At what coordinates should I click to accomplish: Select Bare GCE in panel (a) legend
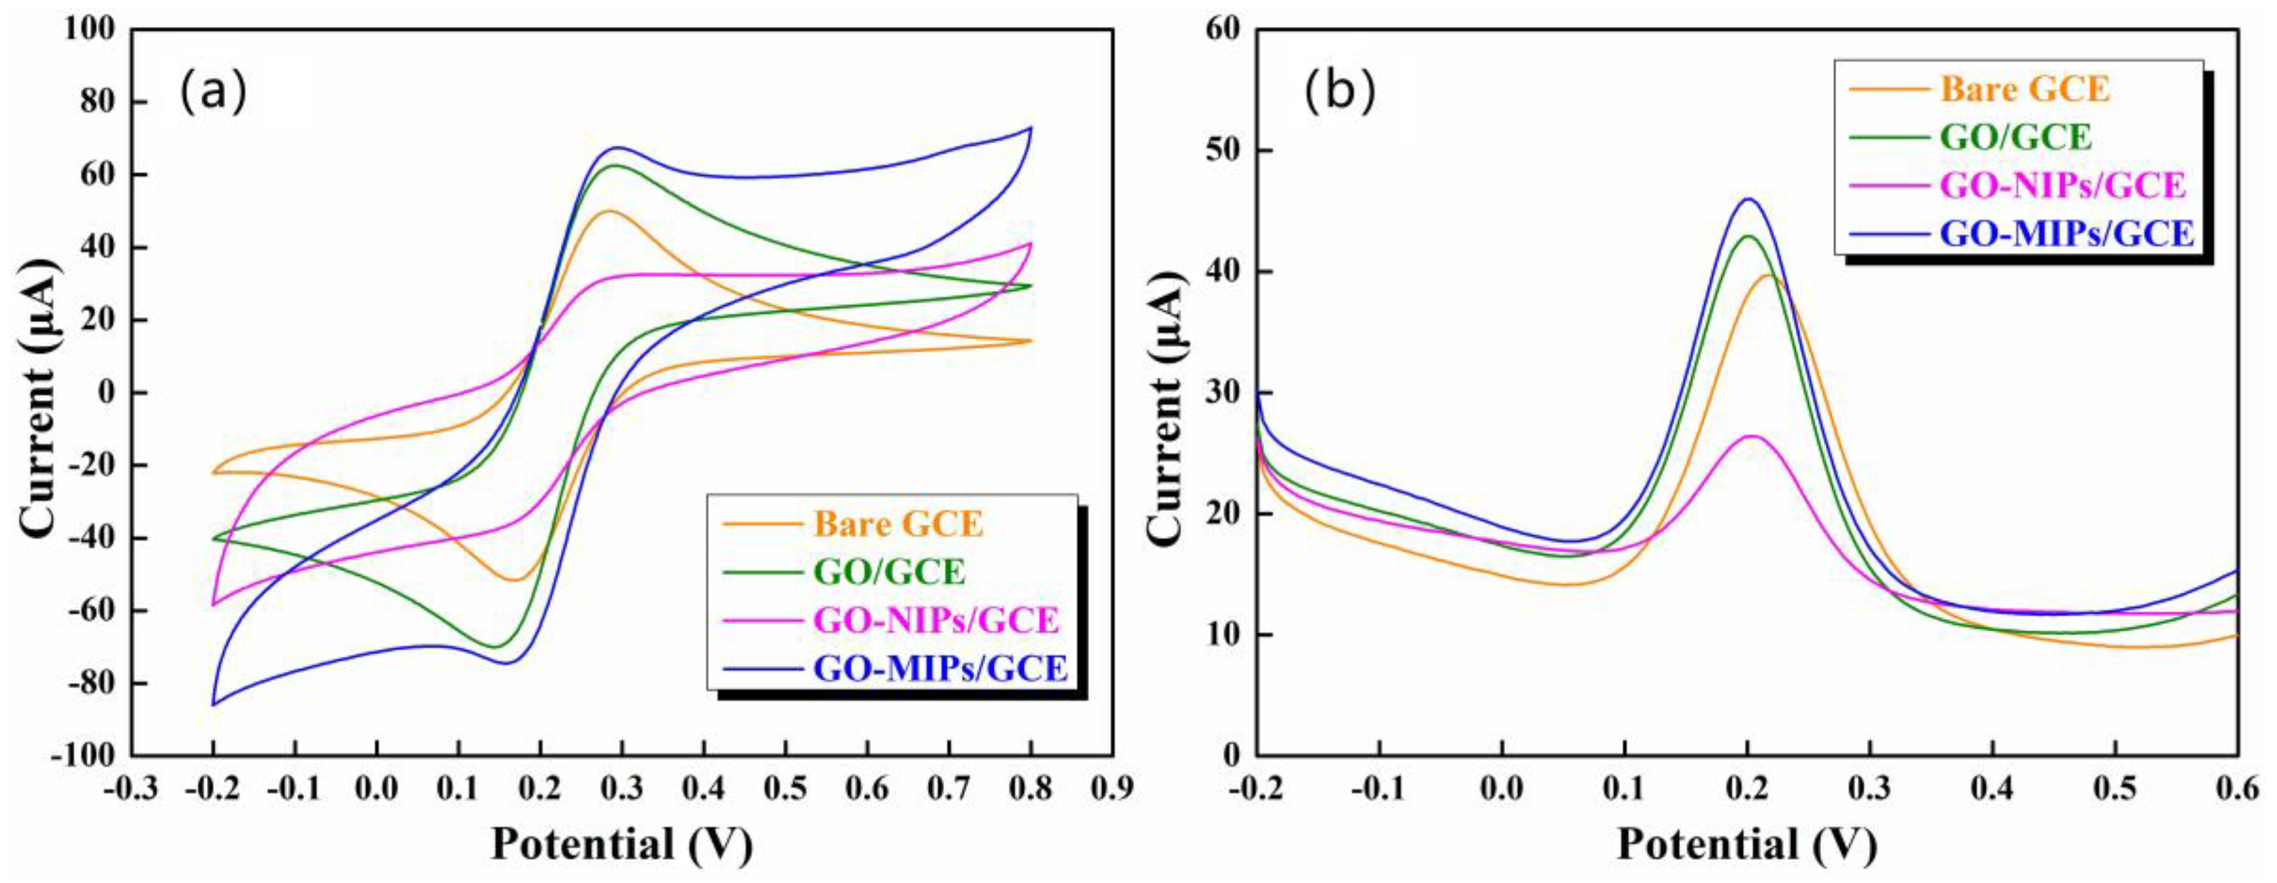[897, 524]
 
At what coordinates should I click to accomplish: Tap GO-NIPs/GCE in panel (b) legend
[2062, 186]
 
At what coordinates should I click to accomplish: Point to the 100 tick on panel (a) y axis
[89, 29]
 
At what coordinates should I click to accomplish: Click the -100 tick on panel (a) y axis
[83, 756]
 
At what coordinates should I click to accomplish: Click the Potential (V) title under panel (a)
[621, 843]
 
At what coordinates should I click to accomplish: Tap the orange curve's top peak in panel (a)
[607, 210]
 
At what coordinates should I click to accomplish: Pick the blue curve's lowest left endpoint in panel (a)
[213, 704]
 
